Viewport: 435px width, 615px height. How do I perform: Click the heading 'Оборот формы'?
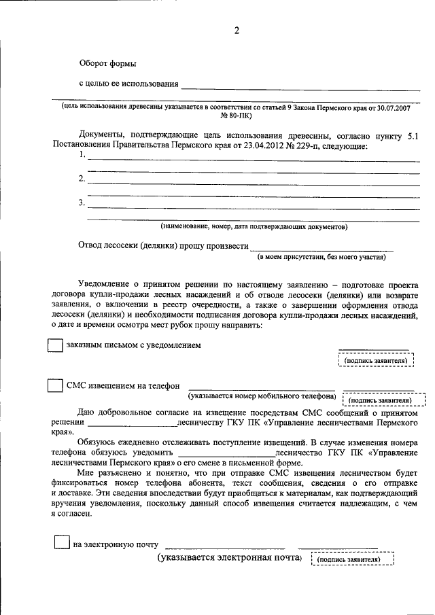[107, 63]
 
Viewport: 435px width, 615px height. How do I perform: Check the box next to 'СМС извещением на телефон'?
[55, 385]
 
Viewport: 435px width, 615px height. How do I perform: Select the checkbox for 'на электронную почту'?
[61, 542]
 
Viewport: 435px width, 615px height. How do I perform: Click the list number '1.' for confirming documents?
[82, 155]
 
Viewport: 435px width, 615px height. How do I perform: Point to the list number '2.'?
[82, 179]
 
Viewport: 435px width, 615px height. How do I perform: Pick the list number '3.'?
[82, 203]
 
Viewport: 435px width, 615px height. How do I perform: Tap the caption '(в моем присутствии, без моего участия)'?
[321, 258]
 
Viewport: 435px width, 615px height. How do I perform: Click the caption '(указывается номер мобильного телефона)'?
[262, 396]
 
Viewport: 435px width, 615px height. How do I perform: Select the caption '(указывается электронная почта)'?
[230, 558]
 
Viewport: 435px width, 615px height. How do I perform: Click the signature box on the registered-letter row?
[376, 360]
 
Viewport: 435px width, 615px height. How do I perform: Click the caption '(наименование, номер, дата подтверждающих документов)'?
[254, 226]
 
